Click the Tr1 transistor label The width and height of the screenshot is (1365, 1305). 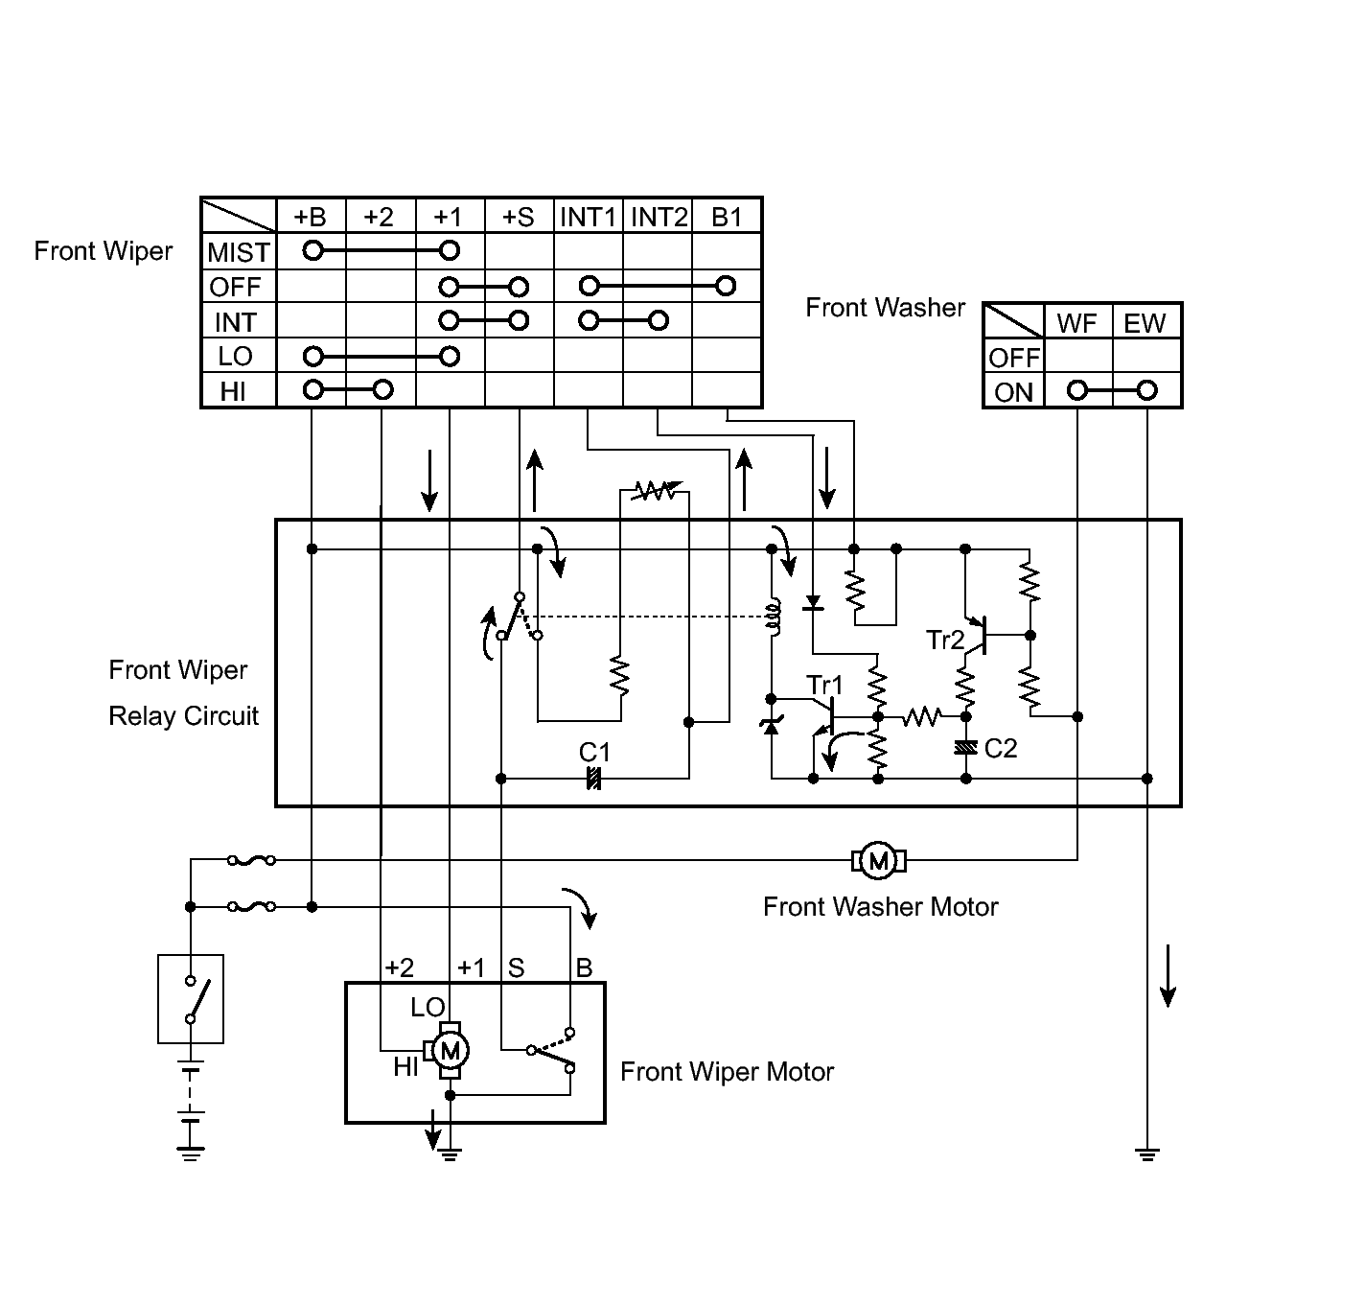pos(824,685)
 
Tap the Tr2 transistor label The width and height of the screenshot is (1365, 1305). pos(945,640)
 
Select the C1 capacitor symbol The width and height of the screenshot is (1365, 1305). pos(593,779)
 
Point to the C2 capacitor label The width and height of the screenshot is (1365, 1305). pos(1001,748)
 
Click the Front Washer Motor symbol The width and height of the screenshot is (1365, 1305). pos(878,861)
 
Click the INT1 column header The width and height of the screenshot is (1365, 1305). pos(588,217)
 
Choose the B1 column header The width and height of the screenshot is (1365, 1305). pos(727,217)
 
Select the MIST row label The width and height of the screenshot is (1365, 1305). pos(238,252)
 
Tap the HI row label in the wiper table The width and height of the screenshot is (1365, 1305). pos(233,391)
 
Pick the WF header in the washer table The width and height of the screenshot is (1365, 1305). pos(1076,323)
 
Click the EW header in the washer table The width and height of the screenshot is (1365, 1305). pos(1145,323)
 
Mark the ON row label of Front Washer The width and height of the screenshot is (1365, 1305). pos(1013,392)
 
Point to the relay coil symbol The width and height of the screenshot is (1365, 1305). pos(772,618)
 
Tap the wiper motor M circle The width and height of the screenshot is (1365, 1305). pos(449,1051)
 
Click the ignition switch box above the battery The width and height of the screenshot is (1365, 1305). pos(191,998)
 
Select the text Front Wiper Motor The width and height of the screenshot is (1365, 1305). pos(727,1071)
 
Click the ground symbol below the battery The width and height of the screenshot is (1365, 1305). pos(191,1153)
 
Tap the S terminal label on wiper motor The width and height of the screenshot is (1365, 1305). pos(516,967)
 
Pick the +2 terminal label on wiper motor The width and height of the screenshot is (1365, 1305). pos(399,967)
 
